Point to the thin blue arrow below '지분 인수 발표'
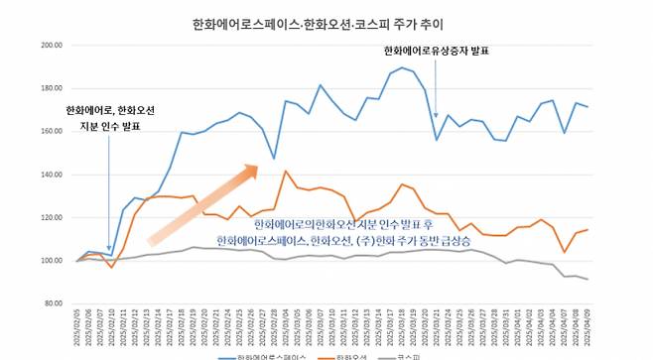109,188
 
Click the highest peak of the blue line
402,68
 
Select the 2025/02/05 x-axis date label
76,326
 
